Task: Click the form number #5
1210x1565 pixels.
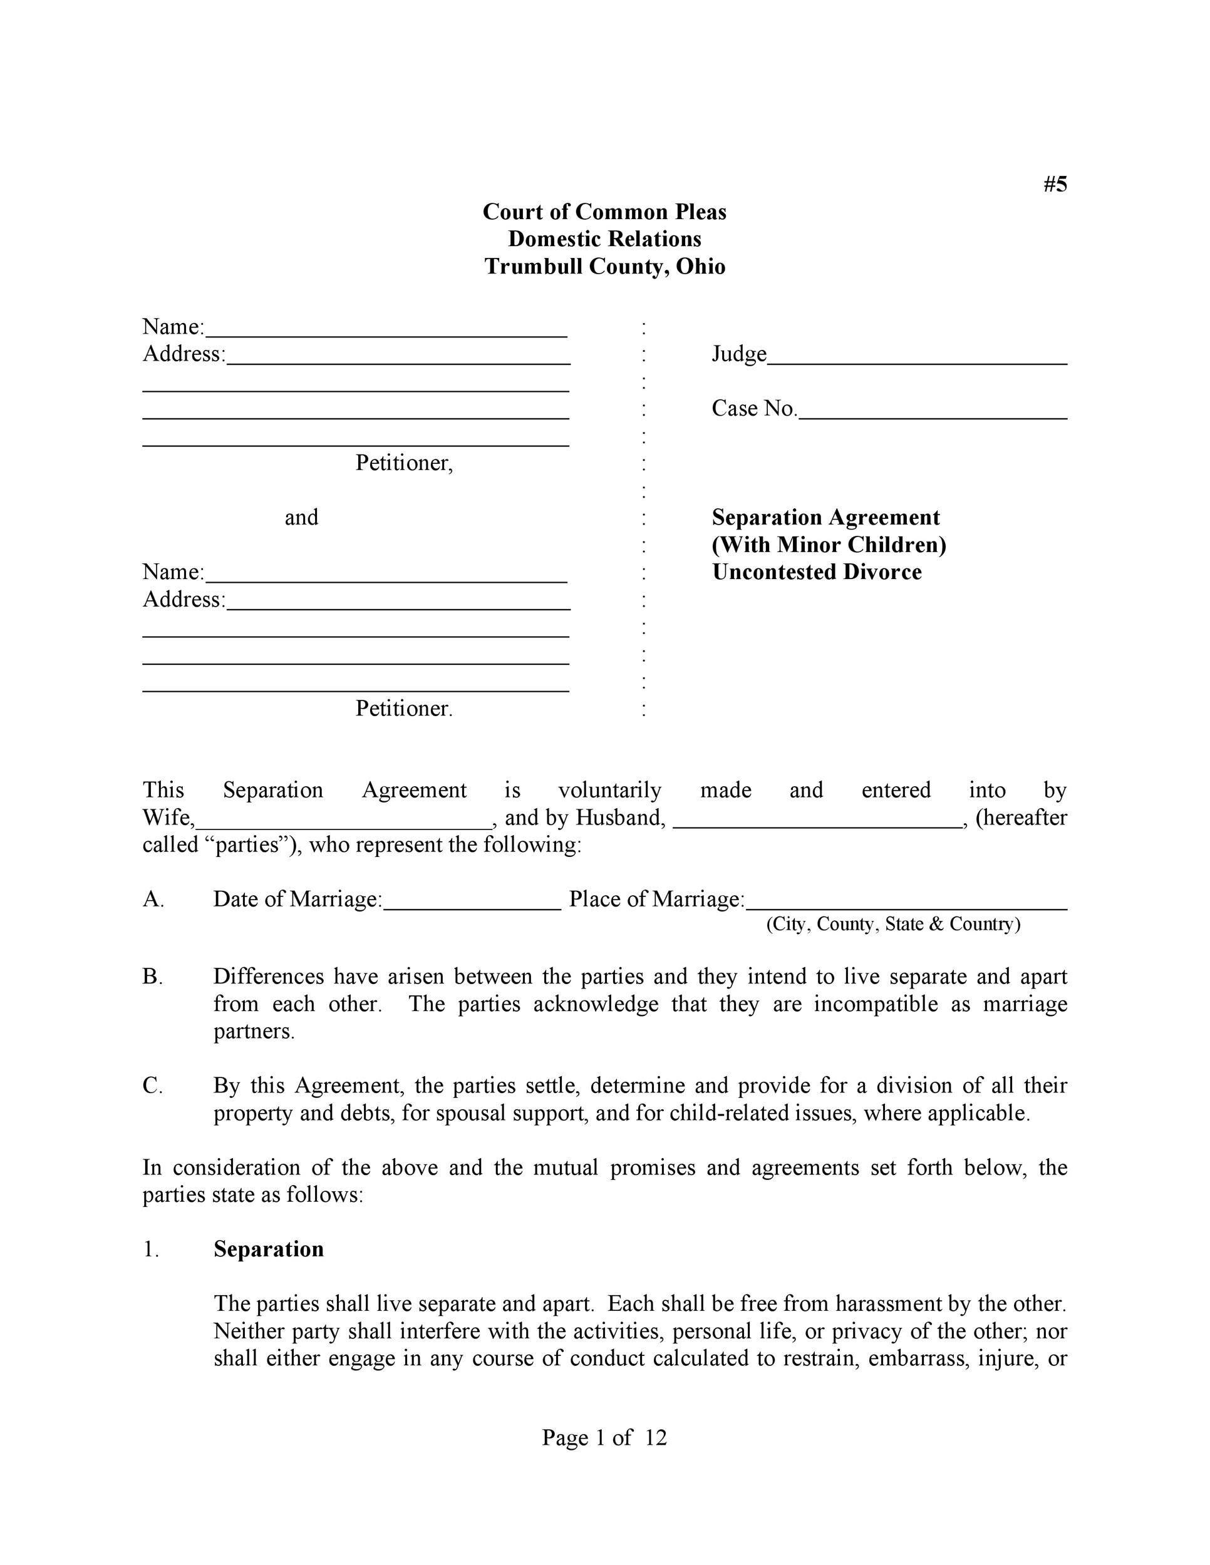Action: (1055, 184)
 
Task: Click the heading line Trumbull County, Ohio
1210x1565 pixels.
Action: (604, 266)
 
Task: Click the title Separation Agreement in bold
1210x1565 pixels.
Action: (825, 516)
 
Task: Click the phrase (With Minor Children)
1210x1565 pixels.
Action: (829, 544)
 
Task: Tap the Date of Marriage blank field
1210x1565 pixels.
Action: (472, 903)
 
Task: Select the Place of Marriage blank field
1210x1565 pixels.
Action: (906, 903)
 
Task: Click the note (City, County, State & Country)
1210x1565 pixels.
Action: (892, 924)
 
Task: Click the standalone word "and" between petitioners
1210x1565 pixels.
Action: (301, 516)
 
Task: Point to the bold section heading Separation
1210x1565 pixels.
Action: (268, 1249)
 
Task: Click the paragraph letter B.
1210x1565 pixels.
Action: (152, 977)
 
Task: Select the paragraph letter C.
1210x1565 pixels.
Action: (152, 1085)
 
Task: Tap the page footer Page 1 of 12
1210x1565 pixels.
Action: (604, 1437)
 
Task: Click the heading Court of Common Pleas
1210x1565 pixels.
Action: (604, 212)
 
